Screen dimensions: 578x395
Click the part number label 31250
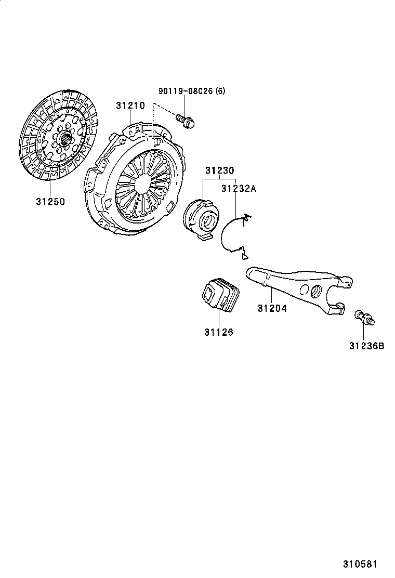point(50,201)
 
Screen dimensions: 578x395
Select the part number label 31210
point(130,106)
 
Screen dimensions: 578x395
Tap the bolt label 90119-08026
point(186,91)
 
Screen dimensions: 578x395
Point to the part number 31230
point(219,170)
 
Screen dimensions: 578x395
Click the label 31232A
point(239,189)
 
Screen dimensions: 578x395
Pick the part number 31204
point(272,308)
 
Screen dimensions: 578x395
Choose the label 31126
point(218,332)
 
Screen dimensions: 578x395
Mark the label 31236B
point(366,345)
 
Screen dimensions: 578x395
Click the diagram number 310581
point(359,564)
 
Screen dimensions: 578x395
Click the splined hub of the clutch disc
point(65,139)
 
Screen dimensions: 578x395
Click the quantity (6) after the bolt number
point(221,91)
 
